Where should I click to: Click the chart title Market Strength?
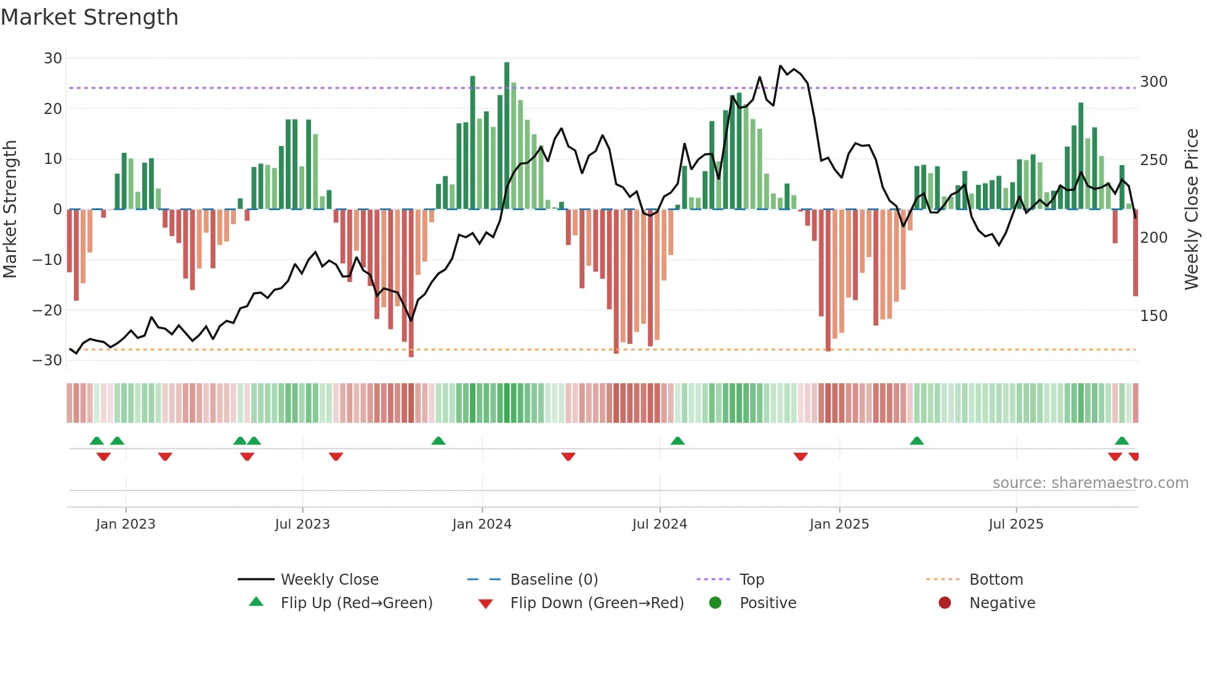[x=89, y=17]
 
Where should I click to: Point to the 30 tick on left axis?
[x=53, y=59]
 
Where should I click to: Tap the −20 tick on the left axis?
[x=47, y=310]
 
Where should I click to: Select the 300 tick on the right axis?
[x=1153, y=82]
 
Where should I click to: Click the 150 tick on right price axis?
[x=1153, y=316]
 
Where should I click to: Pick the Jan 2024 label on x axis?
[x=482, y=524]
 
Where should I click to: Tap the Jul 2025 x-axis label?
[x=1015, y=524]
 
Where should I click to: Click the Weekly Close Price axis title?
[x=1192, y=209]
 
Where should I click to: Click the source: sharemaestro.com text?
[x=1090, y=483]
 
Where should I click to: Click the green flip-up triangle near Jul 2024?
[x=677, y=441]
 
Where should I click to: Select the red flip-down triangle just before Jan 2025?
[x=801, y=457]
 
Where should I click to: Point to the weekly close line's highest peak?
[x=780, y=66]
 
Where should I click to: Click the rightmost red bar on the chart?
[x=1135, y=253]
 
